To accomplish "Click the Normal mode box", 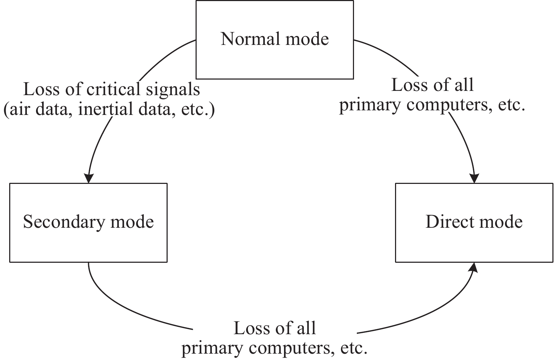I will coord(274,40).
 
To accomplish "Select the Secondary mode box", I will coord(88,222).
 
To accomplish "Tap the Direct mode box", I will coord(474,222).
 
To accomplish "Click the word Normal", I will coord(250,39).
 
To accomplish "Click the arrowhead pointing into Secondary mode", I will coord(88,178).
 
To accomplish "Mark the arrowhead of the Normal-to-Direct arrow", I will coord(474,178).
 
